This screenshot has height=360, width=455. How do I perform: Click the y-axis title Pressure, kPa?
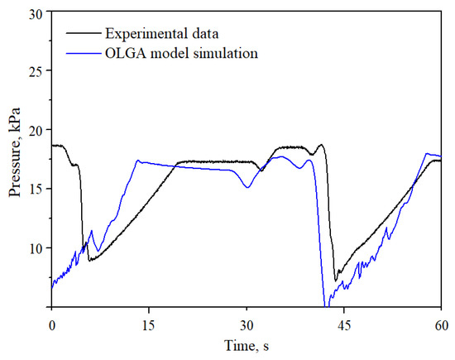coord(15,160)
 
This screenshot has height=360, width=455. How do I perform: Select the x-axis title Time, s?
coord(246,343)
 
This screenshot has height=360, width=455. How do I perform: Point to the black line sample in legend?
coord(83,34)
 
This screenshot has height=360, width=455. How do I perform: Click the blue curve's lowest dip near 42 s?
coord(326,305)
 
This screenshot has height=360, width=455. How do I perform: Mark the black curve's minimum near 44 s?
coord(336,281)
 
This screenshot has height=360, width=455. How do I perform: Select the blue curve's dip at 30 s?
coord(247,187)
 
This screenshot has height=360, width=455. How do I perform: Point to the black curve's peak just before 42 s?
coord(321,145)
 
